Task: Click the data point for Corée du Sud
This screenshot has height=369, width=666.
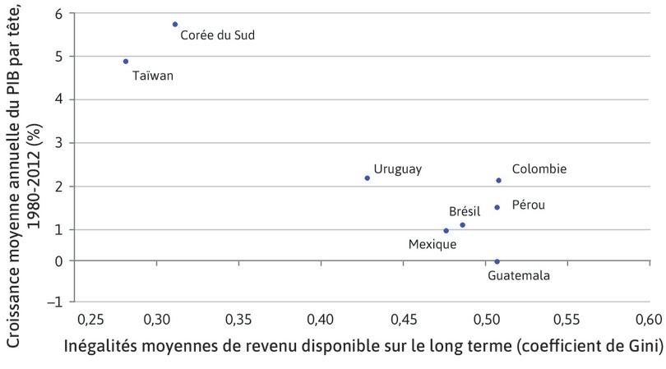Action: click(x=175, y=25)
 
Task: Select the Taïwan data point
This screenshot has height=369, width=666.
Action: click(x=126, y=61)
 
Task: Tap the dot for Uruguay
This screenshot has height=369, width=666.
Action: click(x=368, y=178)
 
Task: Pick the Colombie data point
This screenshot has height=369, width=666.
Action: click(x=499, y=180)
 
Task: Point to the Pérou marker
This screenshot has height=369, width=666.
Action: click(x=497, y=207)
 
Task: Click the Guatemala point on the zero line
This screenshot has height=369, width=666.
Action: click(x=497, y=261)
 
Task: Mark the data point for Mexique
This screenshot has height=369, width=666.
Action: click(x=446, y=230)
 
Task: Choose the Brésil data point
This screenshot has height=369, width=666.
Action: click(x=463, y=224)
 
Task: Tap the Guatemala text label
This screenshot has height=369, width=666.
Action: click(x=519, y=275)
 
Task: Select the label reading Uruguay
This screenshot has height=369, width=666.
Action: click(x=398, y=168)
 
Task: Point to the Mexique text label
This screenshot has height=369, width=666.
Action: click(x=432, y=243)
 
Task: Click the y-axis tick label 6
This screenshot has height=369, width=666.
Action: click(x=58, y=14)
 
